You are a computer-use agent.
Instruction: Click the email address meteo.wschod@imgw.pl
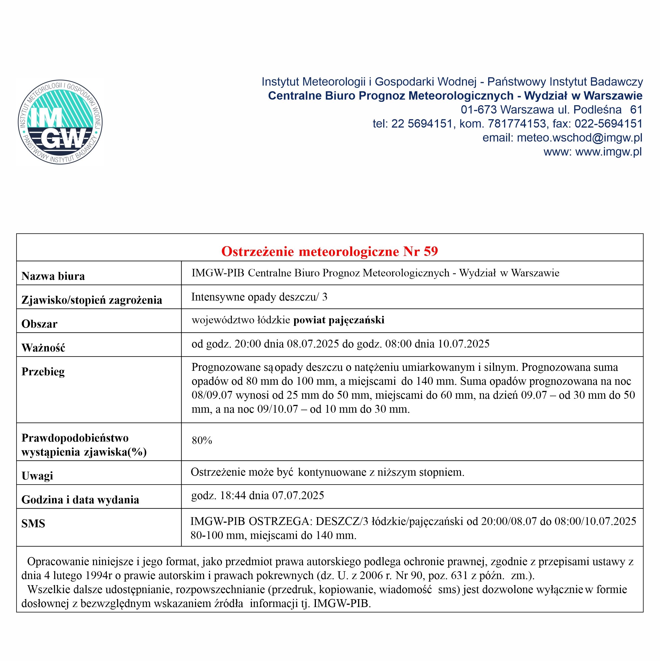point(579,138)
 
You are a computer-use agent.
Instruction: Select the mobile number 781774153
point(517,124)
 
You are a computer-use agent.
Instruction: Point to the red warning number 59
point(431,251)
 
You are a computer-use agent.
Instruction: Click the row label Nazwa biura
point(53,276)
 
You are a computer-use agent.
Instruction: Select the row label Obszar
point(39,324)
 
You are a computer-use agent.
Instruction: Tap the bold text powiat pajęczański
point(339,320)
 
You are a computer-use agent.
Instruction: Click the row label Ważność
point(43,348)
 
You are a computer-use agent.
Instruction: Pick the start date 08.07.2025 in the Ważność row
point(313,343)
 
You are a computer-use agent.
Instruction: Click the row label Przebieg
point(43,371)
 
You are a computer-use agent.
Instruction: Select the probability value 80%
point(202,440)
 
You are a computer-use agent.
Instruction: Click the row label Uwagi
point(37,476)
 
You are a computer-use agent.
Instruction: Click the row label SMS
point(33,523)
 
